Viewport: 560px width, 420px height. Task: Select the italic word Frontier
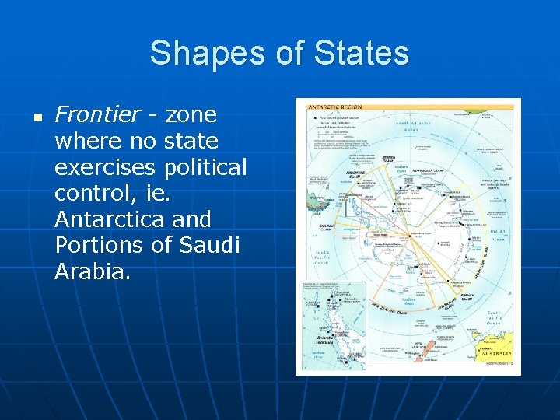(97, 115)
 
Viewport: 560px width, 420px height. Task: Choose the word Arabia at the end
(91, 271)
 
